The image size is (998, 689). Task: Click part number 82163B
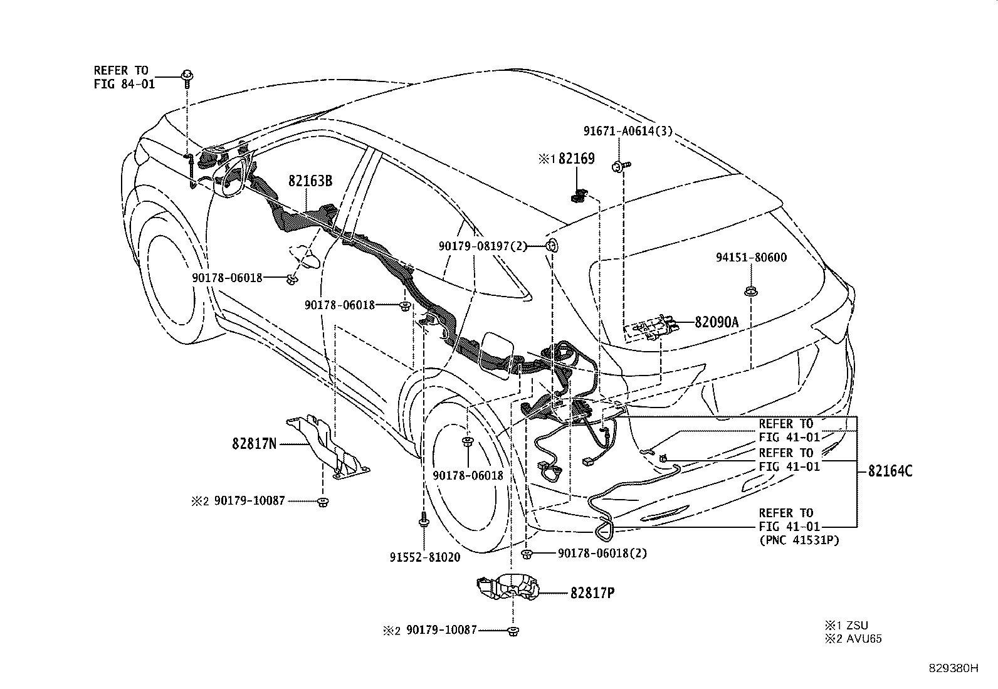point(310,181)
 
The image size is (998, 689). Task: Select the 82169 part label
point(576,159)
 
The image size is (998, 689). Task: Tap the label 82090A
point(717,322)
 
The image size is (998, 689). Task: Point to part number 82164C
point(890,471)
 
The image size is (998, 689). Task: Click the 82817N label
point(255,444)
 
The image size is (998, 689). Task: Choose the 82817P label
point(592,592)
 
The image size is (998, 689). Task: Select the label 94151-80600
point(752,258)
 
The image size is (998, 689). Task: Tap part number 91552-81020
point(424,557)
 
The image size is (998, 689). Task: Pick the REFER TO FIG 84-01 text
point(123,77)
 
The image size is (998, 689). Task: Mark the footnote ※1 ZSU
point(846,625)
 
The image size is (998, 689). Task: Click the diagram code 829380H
point(953,668)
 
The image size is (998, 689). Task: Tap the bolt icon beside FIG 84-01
point(187,77)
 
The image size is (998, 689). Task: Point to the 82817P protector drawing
point(508,585)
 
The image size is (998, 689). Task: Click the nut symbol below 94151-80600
point(750,292)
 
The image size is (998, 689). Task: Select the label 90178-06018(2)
point(602,554)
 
